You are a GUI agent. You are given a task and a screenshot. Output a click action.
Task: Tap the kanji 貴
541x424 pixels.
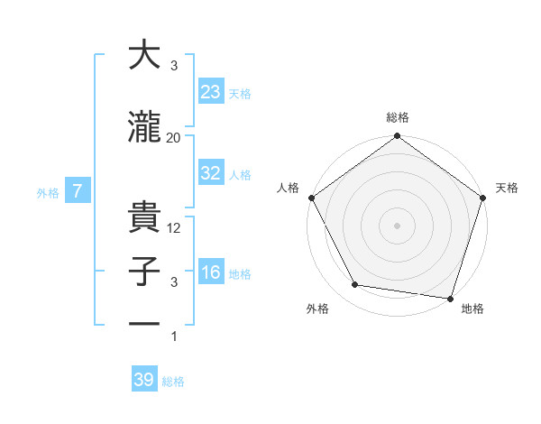(x=144, y=217)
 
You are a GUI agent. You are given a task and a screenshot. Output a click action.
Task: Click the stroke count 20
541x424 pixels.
(x=174, y=137)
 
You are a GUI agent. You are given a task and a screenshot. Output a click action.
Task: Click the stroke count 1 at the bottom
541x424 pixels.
(x=174, y=336)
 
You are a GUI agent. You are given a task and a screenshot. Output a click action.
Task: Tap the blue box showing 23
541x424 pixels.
(x=211, y=91)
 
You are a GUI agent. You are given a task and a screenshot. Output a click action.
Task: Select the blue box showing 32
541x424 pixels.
(x=211, y=173)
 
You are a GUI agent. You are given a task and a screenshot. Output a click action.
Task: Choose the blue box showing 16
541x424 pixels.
(x=211, y=272)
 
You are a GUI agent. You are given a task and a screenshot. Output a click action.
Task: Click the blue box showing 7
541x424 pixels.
(x=78, y=190)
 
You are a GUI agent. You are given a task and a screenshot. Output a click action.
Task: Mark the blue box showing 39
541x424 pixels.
(x=144, y=380)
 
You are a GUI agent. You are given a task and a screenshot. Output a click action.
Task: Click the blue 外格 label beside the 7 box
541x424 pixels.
(x=48, y=192)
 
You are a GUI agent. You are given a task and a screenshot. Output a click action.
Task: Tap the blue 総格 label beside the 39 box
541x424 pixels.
(x=173, y=382)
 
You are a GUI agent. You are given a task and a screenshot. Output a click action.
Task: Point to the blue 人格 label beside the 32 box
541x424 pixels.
(x=240, y=175)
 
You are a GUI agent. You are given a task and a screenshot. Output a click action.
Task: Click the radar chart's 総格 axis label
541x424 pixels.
(x=398, y=117)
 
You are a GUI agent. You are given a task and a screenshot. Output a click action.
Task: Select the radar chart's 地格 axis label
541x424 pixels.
(x=472, y=309)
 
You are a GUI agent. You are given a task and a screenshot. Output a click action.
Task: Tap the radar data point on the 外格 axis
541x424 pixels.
(x=355, y=285)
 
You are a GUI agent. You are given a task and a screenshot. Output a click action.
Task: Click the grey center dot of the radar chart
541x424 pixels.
(x=398, y=225)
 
